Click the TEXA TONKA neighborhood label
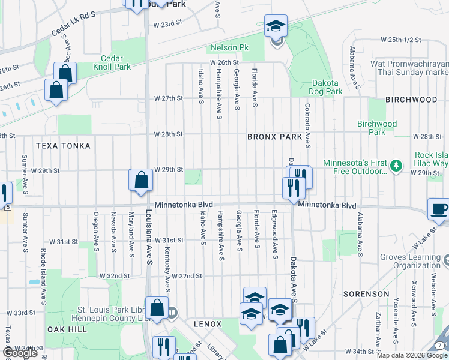63,146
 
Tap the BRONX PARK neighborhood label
275,137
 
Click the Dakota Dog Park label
326,88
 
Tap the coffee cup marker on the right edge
439,209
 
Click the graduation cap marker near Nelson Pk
276,26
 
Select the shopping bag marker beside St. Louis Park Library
157,308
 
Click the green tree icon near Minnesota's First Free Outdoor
396,164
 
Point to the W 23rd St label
167,25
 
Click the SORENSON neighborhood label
366,294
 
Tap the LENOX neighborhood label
208,324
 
